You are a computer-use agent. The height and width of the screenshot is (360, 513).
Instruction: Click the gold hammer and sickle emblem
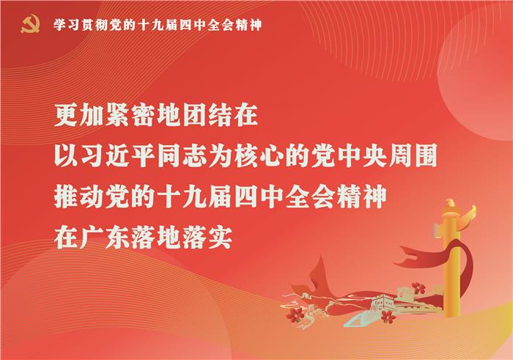[31, 24]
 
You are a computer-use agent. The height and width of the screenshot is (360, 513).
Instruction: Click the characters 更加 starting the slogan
[79, 115]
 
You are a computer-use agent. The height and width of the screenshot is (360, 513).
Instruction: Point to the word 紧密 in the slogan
[130, 115]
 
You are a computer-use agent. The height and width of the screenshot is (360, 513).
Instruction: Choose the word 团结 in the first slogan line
[207, 115]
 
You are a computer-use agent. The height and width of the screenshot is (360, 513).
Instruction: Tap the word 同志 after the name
[182, 155]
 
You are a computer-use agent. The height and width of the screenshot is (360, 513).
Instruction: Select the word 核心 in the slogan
[259, 155]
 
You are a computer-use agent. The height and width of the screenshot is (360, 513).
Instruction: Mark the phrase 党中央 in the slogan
[349, 155]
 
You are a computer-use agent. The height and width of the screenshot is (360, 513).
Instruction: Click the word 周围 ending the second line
[413, 155]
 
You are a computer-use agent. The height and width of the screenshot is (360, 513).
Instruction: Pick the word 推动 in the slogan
[79, 196]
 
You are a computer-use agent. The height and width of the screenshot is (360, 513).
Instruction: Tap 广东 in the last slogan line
[105, 238]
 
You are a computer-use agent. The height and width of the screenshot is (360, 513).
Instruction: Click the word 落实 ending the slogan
[207, 238]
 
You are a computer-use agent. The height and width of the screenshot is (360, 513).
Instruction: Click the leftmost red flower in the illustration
[295, 315]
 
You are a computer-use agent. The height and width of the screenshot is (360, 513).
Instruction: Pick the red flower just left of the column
[418, 288]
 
